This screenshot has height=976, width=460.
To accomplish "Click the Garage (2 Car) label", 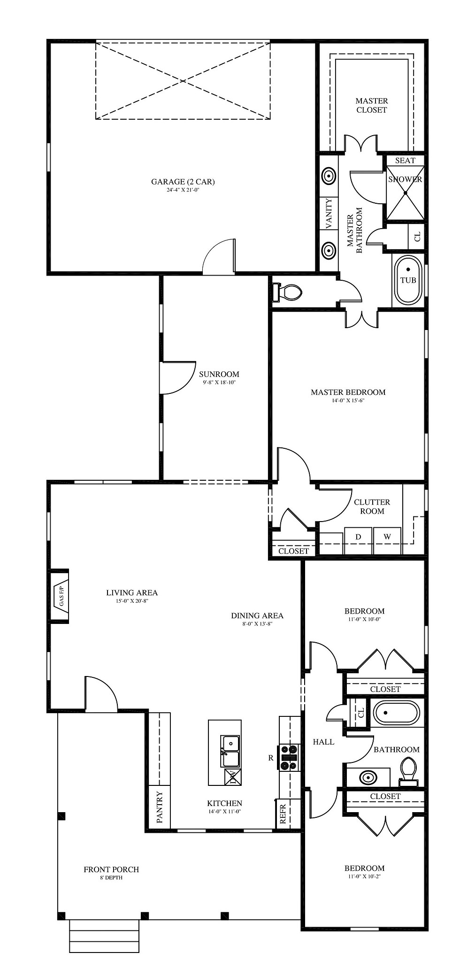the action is pyautogui.click(x=183, y=182).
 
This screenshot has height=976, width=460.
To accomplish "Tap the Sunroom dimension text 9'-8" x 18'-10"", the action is pyautogui.click(x=219, y=383).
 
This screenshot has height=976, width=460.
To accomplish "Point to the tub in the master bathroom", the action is pyautogui.click(x=408, y=280).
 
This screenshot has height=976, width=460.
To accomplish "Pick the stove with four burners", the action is pyautogui.click(x=290, y=758).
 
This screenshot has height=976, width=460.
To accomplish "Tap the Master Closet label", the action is pyautogui.click(x=372, y=105).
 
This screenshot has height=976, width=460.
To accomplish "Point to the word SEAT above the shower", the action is pyautogui.click(x=405, y=161).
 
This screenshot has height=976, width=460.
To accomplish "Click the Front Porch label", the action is pyautogui.click(x=111, y=869).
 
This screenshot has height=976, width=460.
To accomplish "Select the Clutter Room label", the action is pyautogui.click(x=372, y=507).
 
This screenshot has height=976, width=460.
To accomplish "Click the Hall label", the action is pyautogui.click(x=323, y=742).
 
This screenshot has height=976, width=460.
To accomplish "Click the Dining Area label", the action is pyautogui.click(x=257, y=615).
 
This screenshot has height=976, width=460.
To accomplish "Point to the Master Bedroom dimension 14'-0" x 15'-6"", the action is pyautogui.click(x=348, y=400).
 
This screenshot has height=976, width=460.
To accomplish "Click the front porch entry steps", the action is pyautogui.click(x=104, y=936).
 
